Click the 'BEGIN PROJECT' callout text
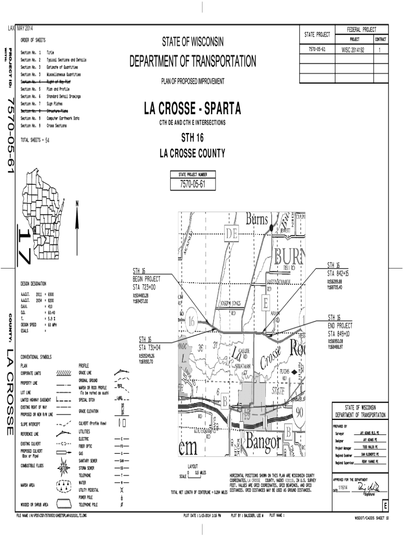pyautogui.click(x=147, y=279)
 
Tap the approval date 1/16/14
pyautogui.click(x=343, y=488)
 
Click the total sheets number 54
pyautogui.click(x=47, y=140)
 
